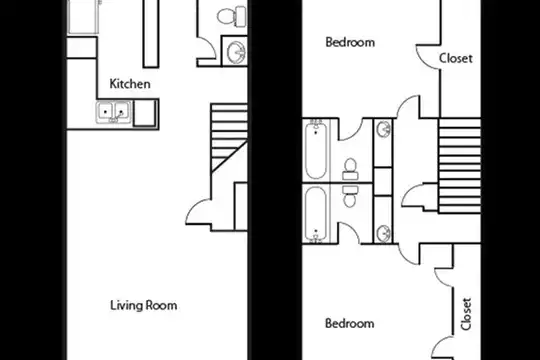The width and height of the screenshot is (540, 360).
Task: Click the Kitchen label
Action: click(130, 84)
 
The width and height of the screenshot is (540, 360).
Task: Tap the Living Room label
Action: click(144, 305)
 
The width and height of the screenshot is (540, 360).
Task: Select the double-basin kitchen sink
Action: click(114, 112)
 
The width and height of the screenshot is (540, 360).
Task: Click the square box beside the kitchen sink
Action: click(145, 113)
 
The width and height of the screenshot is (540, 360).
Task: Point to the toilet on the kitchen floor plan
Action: click(232, 16)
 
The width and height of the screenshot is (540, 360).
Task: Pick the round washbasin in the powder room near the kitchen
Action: click(236, 52)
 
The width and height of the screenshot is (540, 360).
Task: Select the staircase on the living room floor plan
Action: click(229, 137)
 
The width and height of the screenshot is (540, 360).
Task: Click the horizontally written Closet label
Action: click(455, 58)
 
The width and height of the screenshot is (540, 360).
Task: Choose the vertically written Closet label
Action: click(466, 314)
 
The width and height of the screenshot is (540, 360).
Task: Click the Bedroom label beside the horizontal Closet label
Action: click(350, 42)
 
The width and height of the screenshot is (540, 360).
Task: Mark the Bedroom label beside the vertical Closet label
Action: click(350, 323)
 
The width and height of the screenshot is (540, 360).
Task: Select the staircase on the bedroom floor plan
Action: click(459, 165)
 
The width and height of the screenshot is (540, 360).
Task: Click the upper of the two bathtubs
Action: click(316, 149)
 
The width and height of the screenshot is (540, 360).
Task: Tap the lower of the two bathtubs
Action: click(316, 214)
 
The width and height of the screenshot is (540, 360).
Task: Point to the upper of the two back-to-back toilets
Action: click(351, 169)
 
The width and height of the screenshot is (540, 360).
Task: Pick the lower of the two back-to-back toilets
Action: click(351, 196)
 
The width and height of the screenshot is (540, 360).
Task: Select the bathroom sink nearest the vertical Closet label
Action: click(383, 234)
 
